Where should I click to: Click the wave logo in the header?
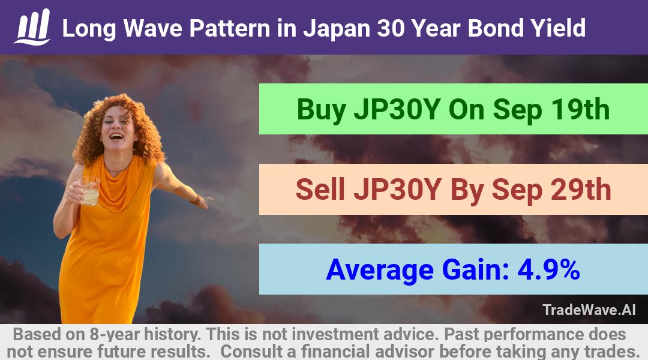32,27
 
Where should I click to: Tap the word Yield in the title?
558,29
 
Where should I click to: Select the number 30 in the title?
391,29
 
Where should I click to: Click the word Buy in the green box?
322,110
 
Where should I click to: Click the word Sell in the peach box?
320,190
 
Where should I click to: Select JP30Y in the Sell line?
397,190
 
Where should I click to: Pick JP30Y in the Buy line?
397,110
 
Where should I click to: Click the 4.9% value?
549,269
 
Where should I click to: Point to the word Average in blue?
380,270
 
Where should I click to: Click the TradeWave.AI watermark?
589,310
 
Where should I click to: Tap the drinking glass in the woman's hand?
89,191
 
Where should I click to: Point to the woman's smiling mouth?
116,136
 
